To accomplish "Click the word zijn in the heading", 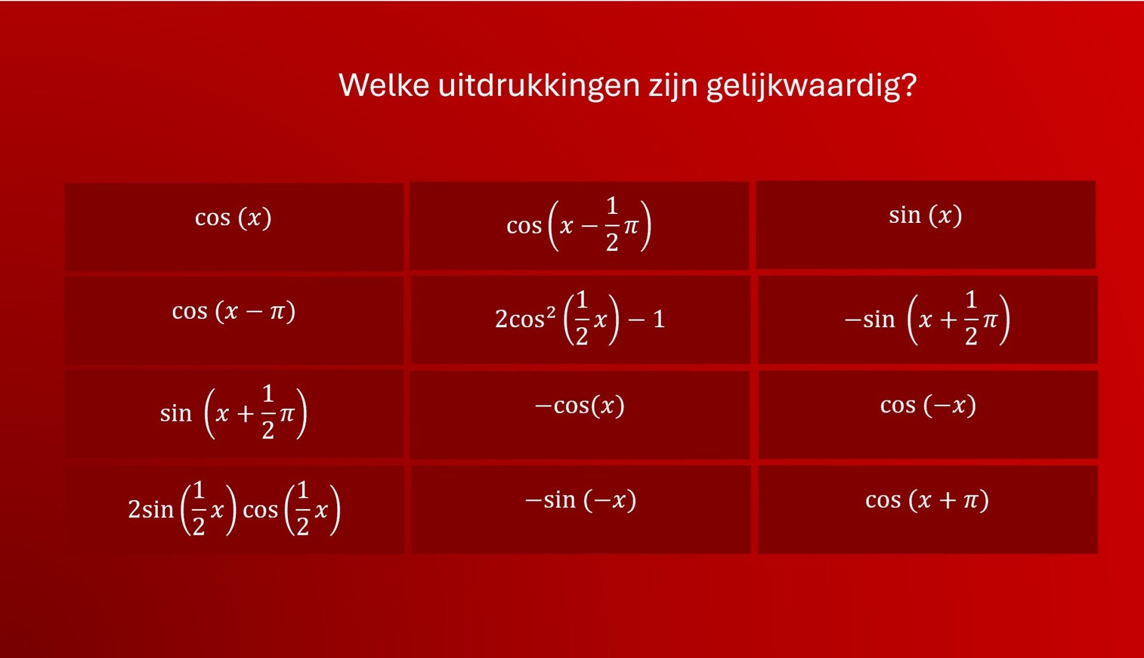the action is [673, 86].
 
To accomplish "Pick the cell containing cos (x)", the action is [234, 226].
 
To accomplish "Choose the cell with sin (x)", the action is [926, 225].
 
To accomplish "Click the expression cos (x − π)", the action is [234, 311].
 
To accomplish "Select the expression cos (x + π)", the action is [927, 499].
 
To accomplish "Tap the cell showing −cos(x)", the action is [580, 415].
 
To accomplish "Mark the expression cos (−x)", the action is [928, 405].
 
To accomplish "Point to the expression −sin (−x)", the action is [580, 499].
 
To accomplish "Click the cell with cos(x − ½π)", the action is [579, 226].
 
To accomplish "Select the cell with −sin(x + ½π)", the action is [928, 319].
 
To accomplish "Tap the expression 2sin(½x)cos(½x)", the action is [234, 509].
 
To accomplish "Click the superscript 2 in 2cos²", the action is [551, 313].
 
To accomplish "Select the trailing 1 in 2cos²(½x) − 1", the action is [659, 319].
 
